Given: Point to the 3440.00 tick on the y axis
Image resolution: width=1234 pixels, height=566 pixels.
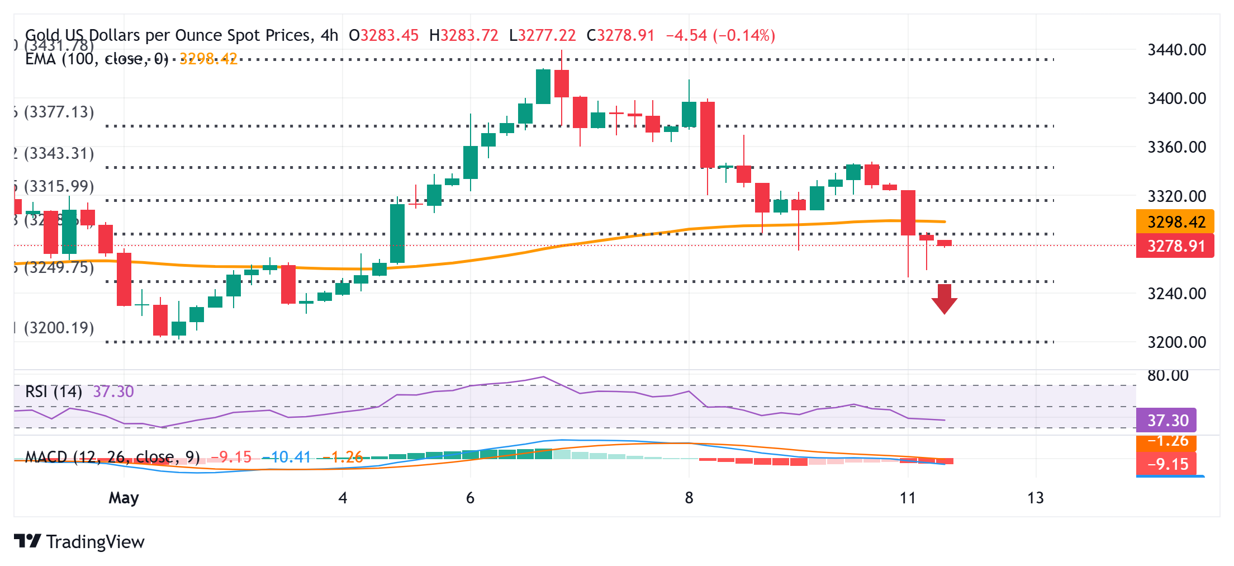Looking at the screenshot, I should coord(1176,50).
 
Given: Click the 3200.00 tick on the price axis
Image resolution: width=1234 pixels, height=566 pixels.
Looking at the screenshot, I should coord(1176,342).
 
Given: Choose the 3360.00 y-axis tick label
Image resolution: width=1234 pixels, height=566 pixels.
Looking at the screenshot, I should coord(1176,147).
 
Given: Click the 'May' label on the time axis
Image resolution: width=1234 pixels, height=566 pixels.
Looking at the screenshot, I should coord(124,498).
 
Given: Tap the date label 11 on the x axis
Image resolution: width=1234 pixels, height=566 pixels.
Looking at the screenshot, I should coord(908,498).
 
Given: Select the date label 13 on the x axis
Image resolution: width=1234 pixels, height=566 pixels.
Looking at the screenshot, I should coord(1035,498).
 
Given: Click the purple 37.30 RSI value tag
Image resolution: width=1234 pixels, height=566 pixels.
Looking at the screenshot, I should coord(1167,421).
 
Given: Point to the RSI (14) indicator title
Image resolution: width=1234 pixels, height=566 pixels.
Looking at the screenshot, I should coord(54,392).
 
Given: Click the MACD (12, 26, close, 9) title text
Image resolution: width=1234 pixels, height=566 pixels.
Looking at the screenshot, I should coord(112,457).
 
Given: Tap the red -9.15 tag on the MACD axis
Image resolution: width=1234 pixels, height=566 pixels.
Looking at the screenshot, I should coord(1167,464).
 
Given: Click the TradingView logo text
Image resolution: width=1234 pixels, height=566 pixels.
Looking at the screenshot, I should coord(95,542).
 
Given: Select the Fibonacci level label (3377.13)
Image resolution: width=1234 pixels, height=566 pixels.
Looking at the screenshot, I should coord(59,112).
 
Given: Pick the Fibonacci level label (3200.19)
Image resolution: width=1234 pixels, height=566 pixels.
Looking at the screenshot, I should coord(59,328).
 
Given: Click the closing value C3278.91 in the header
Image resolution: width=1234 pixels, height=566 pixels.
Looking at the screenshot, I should coord(620,36).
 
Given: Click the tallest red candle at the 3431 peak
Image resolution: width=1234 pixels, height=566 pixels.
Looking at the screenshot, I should coord(562,84).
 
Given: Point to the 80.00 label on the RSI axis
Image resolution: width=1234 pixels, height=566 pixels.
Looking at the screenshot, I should coord(1168,375).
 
